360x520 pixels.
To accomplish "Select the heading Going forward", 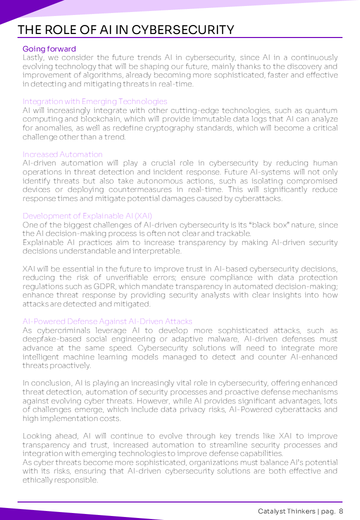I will point(49,49).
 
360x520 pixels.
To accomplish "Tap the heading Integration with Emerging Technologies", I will point(95,101).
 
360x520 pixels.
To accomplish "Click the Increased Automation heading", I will point(62,154).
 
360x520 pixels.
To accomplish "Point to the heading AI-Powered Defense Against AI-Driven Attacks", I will point(107,321).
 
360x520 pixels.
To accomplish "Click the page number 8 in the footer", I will point(340,511).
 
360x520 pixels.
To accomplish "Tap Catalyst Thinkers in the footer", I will point(286,511).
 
